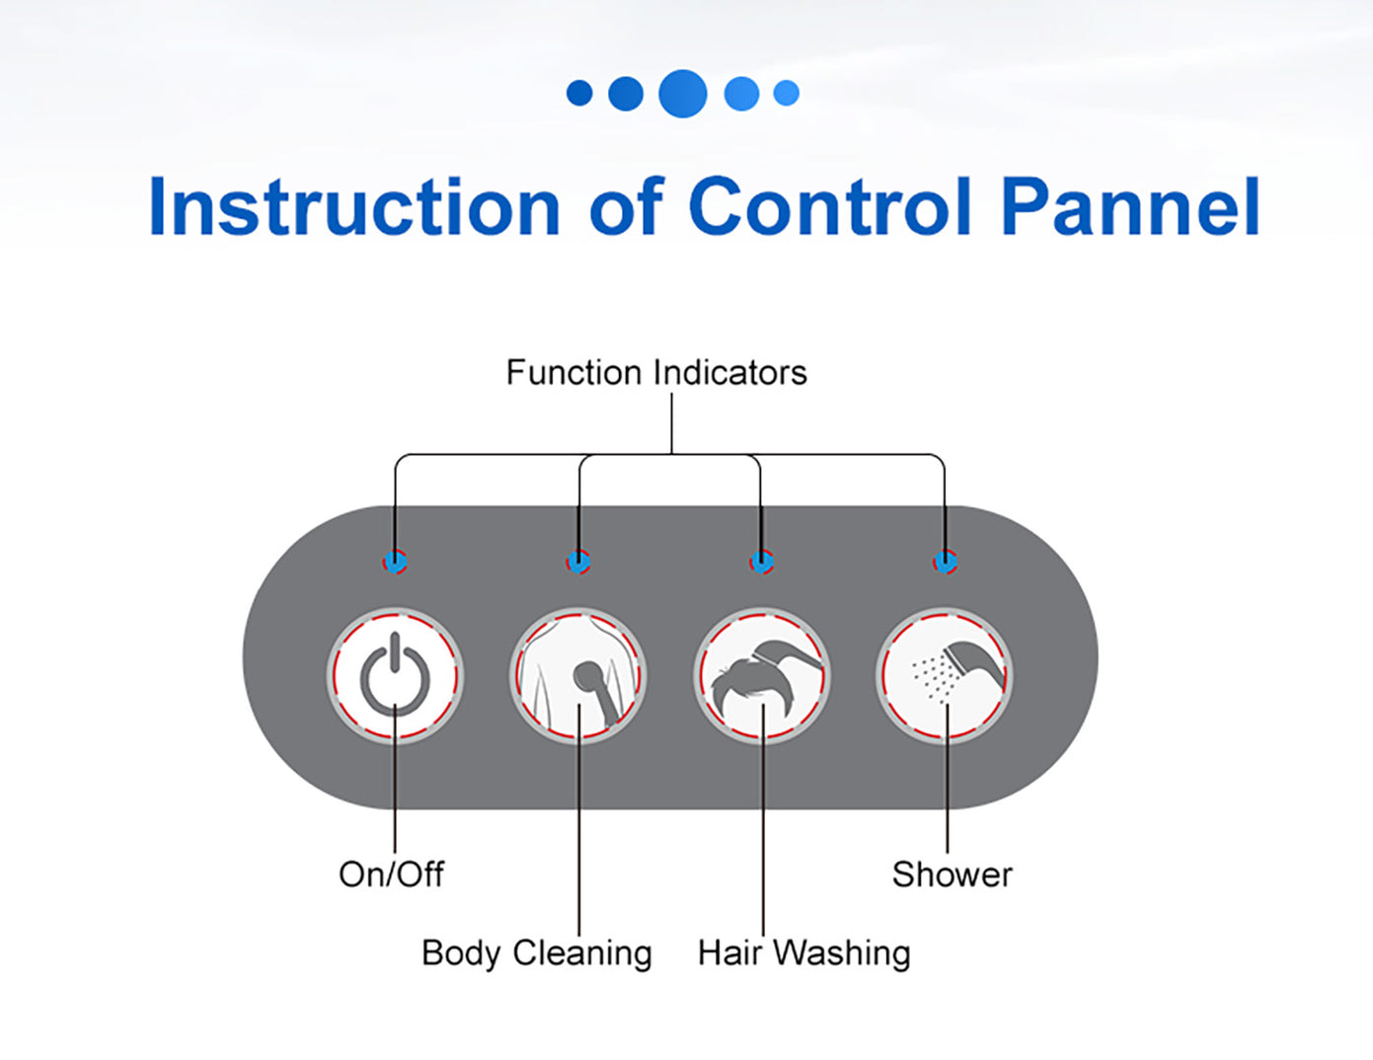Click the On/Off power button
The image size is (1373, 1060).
[x=395, y=676]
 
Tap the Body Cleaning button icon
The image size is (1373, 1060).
[x=578, y=676]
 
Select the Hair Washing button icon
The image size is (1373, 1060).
[x=761, y=676]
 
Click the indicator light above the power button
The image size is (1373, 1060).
[x=395, y=563]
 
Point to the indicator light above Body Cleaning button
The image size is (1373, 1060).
[x=578, y=563]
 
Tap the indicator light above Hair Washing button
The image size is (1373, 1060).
[x=761, y=563]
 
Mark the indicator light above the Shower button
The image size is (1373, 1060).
[x=945, y=563]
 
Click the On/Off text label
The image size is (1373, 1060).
[x=391, y=874]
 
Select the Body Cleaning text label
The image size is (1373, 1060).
[x=536, y=953]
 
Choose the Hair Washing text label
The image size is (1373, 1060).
[x=803, y=953]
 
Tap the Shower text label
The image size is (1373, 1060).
[x=952, y=874]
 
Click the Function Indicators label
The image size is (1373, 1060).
[x=656, y=373]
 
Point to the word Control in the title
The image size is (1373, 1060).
[x=830, y=207]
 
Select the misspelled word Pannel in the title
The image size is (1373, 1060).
[x=1131, y=207]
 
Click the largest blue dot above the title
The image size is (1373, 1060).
[x=682, y=94]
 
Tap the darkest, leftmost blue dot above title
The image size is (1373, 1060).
[x=579, y=94]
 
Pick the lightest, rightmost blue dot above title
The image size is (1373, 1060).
[x=787, y=94]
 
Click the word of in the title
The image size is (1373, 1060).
[x=625, y=207]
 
